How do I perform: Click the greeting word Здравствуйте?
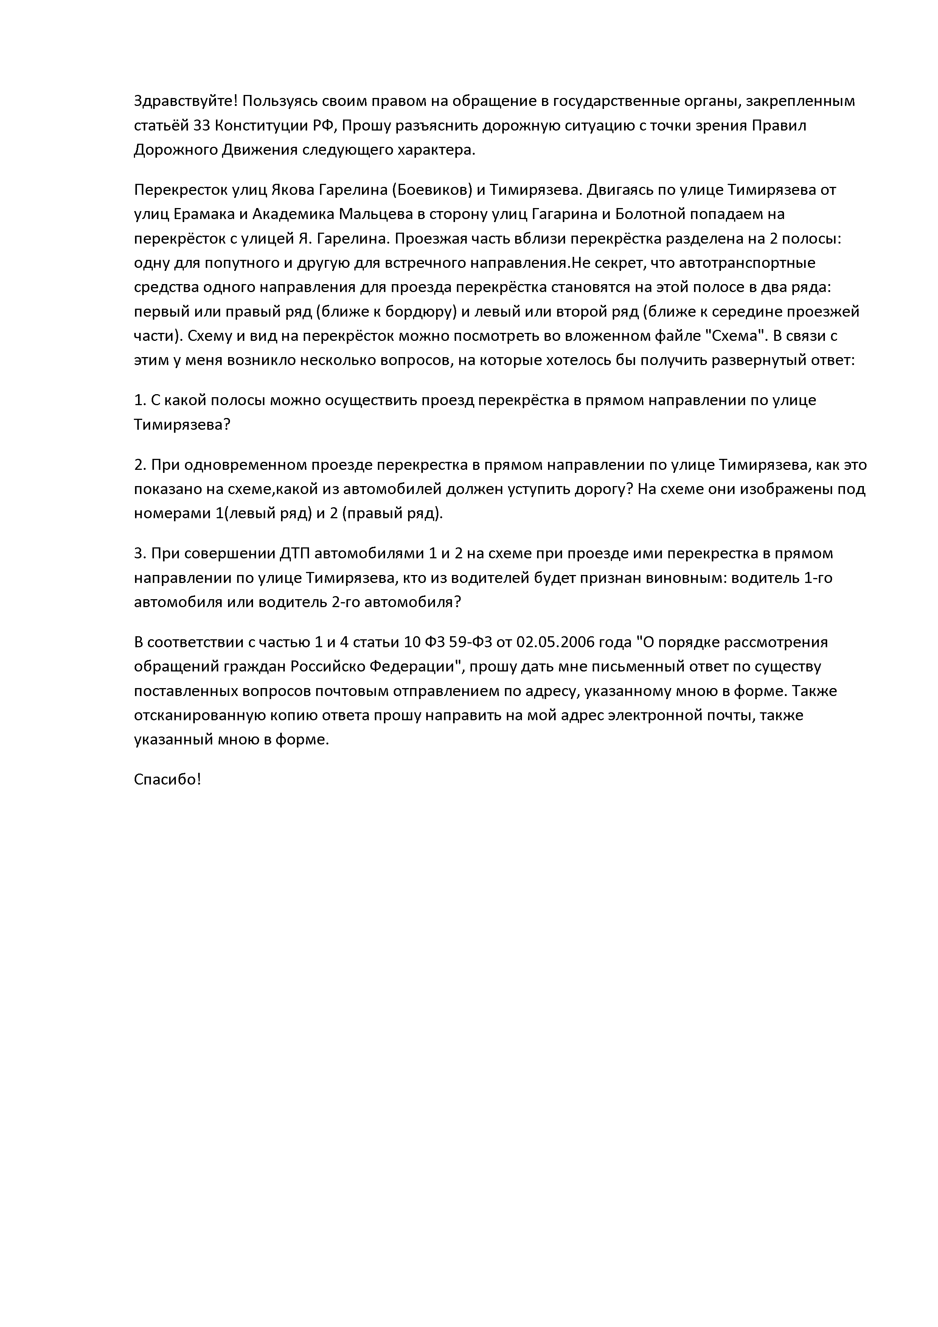[185, 102]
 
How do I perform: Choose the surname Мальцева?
[373, 214]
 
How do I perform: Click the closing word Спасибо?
[168, 780]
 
